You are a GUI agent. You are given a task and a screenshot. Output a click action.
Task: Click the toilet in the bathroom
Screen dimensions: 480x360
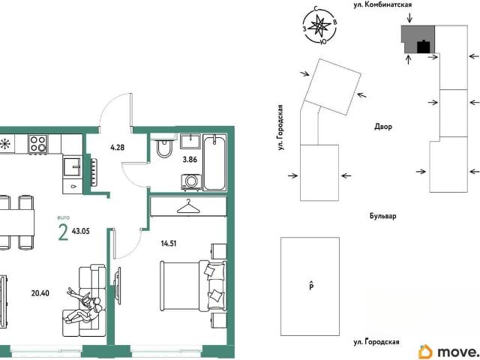tap(165, 147)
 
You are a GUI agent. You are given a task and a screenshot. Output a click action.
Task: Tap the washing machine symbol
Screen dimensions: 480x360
tap(192, 182)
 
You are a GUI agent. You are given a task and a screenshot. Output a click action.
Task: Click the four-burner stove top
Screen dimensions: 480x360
tap(38, 144)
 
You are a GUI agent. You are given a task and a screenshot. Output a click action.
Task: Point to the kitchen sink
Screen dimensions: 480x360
tap(73, 166)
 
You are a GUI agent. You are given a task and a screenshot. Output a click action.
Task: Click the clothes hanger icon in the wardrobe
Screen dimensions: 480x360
tap(188, 207)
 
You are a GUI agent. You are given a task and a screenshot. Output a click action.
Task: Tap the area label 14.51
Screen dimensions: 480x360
tap(169, 244)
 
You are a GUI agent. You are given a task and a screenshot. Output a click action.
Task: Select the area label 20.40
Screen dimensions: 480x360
tap(40, 293)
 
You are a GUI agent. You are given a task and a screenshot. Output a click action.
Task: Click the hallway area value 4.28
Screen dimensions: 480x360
tap(118, 148)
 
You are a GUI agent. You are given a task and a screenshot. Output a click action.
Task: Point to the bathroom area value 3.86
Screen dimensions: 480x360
tap(190, 160)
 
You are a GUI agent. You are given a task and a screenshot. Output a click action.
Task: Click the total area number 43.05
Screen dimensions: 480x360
tap(81, 231)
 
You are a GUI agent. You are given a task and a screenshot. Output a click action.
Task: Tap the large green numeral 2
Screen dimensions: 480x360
tap(63, 233)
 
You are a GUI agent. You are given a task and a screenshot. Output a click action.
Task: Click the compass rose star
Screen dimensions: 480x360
tap(319, 25)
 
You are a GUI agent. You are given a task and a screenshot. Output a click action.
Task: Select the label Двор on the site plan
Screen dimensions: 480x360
tap(383, 127)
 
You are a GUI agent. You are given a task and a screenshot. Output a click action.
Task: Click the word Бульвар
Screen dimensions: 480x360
tap(383, 216)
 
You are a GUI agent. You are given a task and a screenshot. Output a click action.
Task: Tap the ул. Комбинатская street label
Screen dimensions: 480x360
tap(382, 5)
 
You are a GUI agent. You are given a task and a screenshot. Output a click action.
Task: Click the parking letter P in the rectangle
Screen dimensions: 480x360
tap(310, 286)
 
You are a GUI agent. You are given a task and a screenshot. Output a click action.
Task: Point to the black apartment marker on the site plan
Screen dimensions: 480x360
tap(424, 46)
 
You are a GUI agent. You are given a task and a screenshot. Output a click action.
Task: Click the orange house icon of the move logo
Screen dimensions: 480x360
tap(426, 352)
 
